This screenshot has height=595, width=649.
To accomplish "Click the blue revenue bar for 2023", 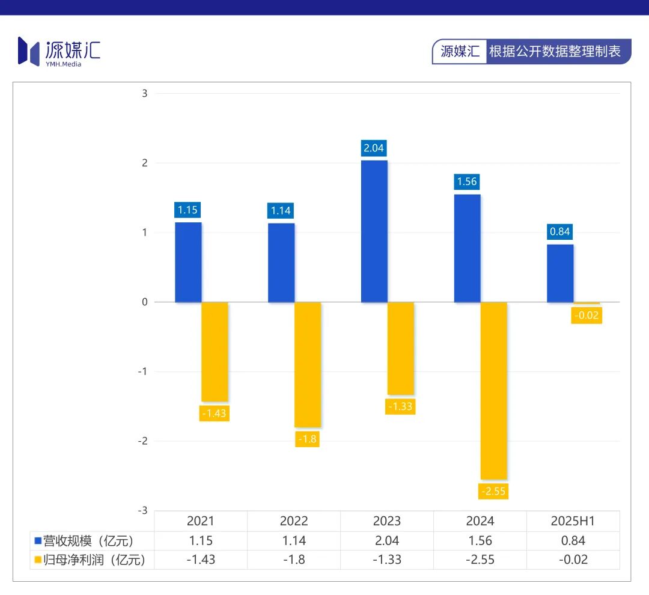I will [x=374, y=231].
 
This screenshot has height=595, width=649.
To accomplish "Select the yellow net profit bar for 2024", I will [x=494, y=391].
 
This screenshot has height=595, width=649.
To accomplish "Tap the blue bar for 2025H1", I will [x=560, y=273].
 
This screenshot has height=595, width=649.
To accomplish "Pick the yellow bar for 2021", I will [x=215, y=352].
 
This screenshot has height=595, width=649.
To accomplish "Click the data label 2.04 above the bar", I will [x=374, y=148].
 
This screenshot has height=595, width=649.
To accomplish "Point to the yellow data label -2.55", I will [x=493, y=491].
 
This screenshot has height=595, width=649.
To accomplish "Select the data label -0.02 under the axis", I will [x=587, y=315].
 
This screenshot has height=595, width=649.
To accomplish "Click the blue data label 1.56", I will [x=467, y=182].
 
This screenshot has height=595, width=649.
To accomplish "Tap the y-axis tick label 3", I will [x=144, y=93].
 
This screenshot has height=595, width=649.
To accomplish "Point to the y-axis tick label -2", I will [x=143, y=441].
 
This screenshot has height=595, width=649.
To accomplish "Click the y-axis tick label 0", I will [x=144, y=302].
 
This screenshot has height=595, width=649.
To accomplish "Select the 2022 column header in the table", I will [x=294, y=521].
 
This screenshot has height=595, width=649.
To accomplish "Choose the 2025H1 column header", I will [x=573, y=521].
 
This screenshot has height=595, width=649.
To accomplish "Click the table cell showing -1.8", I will [x=294, y=560].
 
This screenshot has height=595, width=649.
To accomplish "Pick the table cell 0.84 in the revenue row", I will [x=573, y=541].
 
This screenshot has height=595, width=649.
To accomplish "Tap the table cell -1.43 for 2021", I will [x=201, y=560].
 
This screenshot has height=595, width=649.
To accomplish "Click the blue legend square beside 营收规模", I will [x=37, y=541].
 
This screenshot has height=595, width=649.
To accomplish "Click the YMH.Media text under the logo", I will [x=63, y=64].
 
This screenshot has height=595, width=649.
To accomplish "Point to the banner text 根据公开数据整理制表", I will [x=555, y=51].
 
